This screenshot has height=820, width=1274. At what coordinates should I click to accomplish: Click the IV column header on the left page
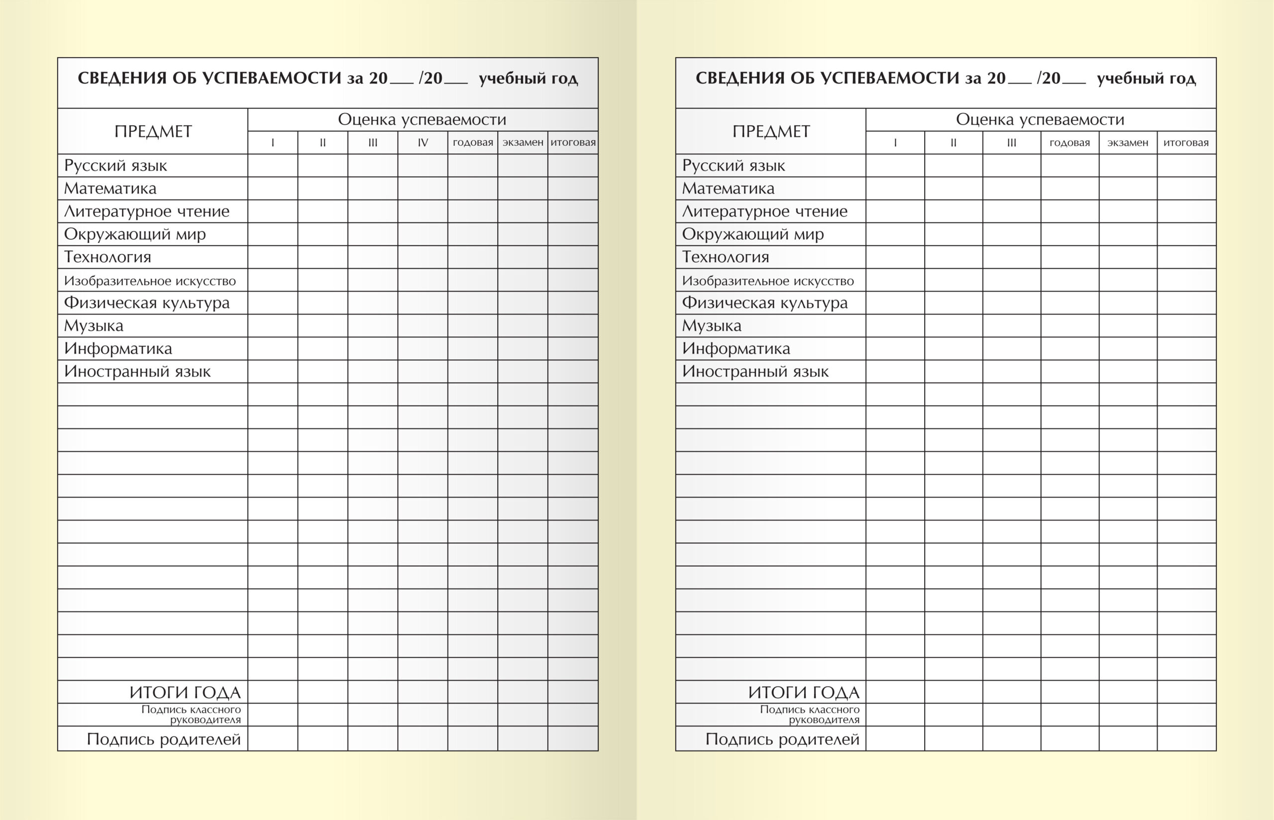[x=423, y=143]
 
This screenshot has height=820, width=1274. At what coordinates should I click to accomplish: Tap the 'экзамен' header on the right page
[x=1128, y=143]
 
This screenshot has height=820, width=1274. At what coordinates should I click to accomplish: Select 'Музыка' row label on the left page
[x=94, y=325]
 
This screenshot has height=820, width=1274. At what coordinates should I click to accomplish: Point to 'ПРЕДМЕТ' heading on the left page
[x=153, y=131]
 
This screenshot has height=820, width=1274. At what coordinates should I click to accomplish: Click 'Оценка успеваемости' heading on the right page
[x=1040, y=119]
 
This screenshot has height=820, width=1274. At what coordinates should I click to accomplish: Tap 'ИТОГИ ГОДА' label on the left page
[x=185, y=692]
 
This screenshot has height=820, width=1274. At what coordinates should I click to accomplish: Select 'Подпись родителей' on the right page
[x=782, y=739]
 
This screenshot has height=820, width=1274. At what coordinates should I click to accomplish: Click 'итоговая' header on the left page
[x=573, y=143]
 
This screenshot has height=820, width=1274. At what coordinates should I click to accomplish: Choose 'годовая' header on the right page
[x=1069, y=143]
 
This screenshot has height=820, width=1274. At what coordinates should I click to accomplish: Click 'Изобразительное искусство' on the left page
[x=150, y=281]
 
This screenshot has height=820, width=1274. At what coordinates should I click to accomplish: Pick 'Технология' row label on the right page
[x=725, y=257]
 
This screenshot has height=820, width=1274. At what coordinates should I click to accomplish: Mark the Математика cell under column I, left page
[x=273, y=189]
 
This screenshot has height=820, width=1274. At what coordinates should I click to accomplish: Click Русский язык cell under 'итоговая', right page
[x=1186, y=166]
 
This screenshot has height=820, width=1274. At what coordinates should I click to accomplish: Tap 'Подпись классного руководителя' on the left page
[x=191, y=715]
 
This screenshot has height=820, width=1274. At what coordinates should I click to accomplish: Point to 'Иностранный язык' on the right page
[x=755, y=371]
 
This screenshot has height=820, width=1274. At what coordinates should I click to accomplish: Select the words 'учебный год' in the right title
[x=1146, y=79]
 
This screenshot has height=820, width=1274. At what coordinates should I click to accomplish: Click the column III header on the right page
[x=1012, y=143]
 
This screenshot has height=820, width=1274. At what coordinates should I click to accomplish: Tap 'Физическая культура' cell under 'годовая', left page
[x=473, y=303]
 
